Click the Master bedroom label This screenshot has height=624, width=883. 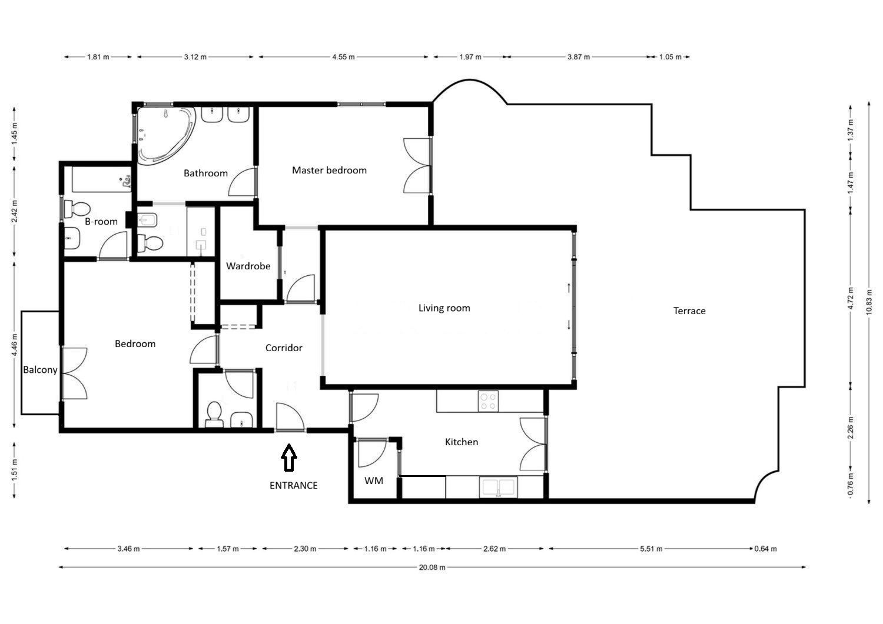click(329, 170)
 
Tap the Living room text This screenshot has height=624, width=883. click(444, 308)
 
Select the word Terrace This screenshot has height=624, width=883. click(689, 311)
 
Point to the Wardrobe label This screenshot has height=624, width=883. click(248, 266)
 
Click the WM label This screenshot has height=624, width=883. click(374, 480)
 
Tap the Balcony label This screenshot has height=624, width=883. click(40, 370)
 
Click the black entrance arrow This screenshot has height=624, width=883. click(289, 458)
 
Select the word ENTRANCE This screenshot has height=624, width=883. click(294, 485)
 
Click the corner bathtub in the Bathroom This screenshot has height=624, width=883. click(166, 134)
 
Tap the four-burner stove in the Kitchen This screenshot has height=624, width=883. click(488, 401)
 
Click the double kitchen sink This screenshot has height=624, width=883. click(499, 487)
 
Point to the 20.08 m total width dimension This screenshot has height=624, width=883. click(432, 568)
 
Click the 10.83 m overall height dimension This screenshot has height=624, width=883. click(869, 302)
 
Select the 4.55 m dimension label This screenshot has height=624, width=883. click(343, 56)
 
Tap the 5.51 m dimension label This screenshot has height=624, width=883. click(651, 548)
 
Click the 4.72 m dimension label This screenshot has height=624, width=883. click(850, 298)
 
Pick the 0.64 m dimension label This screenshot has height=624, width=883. click(765, 548)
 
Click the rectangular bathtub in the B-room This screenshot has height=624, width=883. click(101, 179)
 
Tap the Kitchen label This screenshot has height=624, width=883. click(462, 442)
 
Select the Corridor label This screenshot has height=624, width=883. click(284, 348)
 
